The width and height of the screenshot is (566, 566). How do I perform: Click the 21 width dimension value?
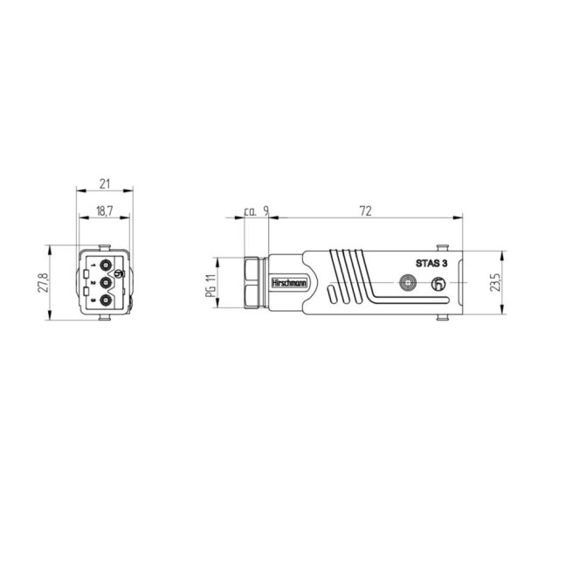[x=105, y=184]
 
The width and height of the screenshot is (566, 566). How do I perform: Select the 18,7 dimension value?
[x=105, y=211]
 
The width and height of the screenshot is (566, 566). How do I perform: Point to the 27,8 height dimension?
[x=43, y=283]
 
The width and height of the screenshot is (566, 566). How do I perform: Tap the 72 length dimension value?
[x=366, y=211]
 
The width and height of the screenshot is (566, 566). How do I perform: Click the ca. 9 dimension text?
[x=256, y=211]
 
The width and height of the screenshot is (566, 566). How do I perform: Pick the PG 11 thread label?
[x=211, y=285]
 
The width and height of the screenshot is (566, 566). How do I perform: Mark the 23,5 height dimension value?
[x=495, y=282]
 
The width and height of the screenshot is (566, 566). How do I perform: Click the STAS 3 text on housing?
[x=431, y=264]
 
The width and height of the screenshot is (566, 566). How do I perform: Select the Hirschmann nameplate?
[x=289, y=283]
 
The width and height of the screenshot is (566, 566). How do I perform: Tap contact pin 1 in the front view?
[x=106, y=266]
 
